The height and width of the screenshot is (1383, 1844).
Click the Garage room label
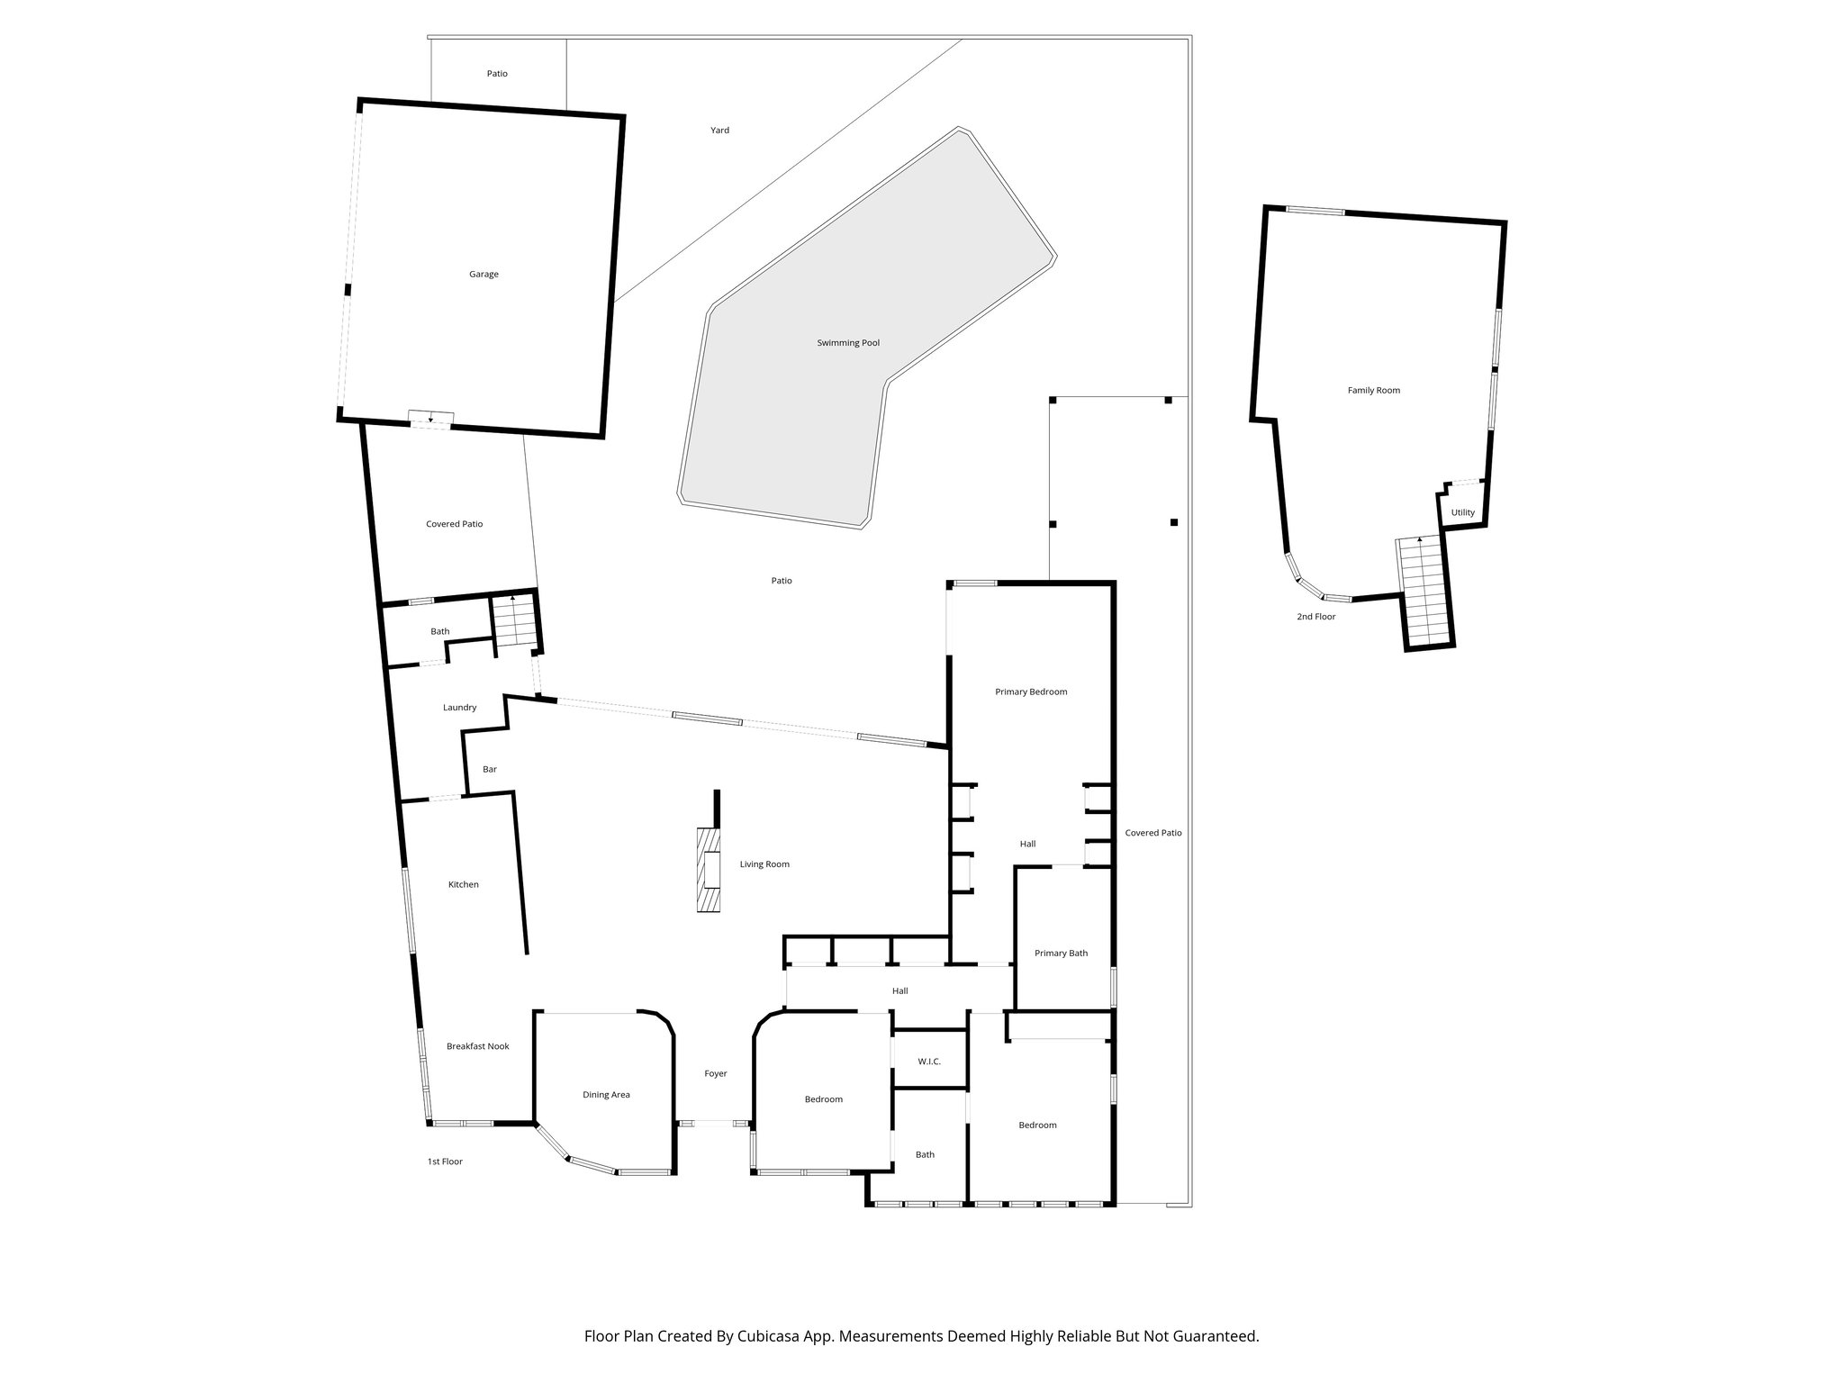[x=484, y=275]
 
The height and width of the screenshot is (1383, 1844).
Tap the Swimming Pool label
[x=848, y=343]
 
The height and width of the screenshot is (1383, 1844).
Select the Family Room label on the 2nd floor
[x=1373, y=391]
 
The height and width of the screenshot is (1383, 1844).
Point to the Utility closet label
[x=1462, y=513]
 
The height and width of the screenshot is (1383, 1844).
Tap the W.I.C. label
[x=929, y=1062]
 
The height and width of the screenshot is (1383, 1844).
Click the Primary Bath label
[x=1061, y=954]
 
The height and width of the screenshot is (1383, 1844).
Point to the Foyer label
[x=715, y=1073]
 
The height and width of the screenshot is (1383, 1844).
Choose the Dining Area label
[x=606, y=1095]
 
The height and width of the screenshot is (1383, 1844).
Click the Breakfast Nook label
[x=478, y=1046]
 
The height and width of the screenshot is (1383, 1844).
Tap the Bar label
[x=490, y=770]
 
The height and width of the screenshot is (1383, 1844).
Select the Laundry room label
[x=459, y=708]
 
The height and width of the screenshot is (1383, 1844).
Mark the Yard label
[x=719, y=131]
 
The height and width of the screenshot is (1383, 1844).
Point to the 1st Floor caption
[x=445, y=1162]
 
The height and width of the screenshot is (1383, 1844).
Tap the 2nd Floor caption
[x=1315, y=617]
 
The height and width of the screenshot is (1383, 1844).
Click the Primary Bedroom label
[x=1031, y=692]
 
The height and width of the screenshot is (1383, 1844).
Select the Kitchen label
[x=464, y=885]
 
